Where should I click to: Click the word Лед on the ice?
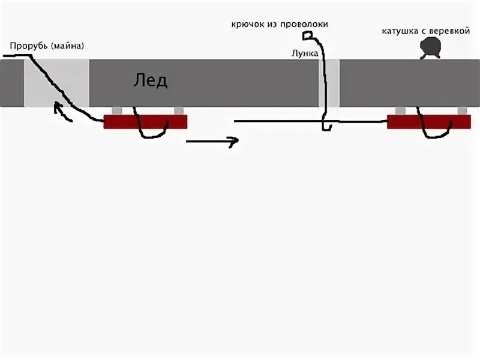click(150, 80)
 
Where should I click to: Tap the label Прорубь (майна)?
click(47, 46)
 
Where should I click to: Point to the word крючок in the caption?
click(249, 25)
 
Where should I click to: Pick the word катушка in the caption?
click(402, 31)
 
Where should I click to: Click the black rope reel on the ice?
click(430, 47)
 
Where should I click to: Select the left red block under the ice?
click(145, 122)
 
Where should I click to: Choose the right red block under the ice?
click(428, 122)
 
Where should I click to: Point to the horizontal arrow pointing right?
click(212, 142)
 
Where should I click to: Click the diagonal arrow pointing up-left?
click(63, 112)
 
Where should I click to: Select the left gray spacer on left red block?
click(116, 111)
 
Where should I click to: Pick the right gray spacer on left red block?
click(178, 111)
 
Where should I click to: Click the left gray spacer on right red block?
click(400, 111)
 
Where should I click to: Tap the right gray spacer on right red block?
click(462, 111)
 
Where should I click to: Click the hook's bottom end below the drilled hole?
click(326, 127)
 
